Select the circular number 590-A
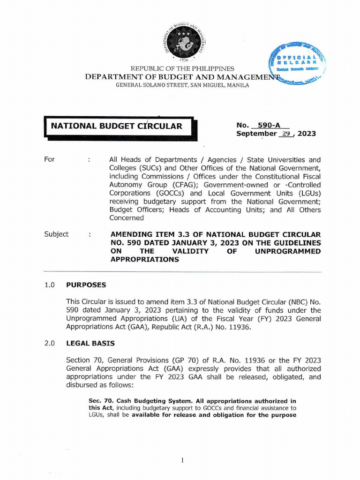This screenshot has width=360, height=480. coord(270,125)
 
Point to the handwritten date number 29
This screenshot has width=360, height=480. coord(285,134)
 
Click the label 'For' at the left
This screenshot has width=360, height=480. coord(49,159)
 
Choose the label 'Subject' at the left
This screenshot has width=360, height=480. coord(56,234)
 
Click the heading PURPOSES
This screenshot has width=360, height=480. coord(86,285)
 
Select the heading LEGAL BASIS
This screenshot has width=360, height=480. coord(90,343)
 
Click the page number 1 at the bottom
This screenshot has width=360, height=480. coord(182,460)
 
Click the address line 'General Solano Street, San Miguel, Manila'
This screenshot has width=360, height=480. coord(182,86)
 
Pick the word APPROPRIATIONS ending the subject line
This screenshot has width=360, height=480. coord(144,259)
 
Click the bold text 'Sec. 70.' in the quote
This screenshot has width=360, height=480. coord(101,401)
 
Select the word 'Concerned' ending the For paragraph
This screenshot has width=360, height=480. coord(127,218)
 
